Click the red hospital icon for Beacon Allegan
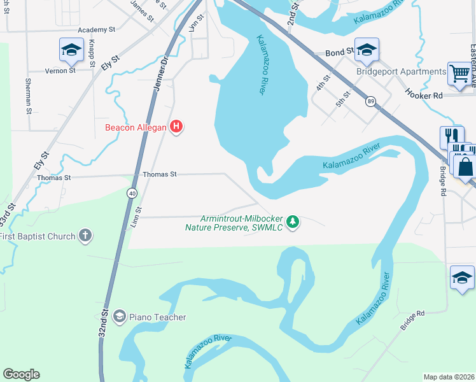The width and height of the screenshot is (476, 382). (176, 127)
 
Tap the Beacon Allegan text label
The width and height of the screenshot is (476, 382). (136, 127)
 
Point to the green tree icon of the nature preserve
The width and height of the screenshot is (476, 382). (293, 222)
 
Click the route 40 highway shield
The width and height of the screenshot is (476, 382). (132, 192)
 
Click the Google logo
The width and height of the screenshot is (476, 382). (21, 374)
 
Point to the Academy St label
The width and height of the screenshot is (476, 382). (96, 29)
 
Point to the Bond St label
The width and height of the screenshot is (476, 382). (339, 52)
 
